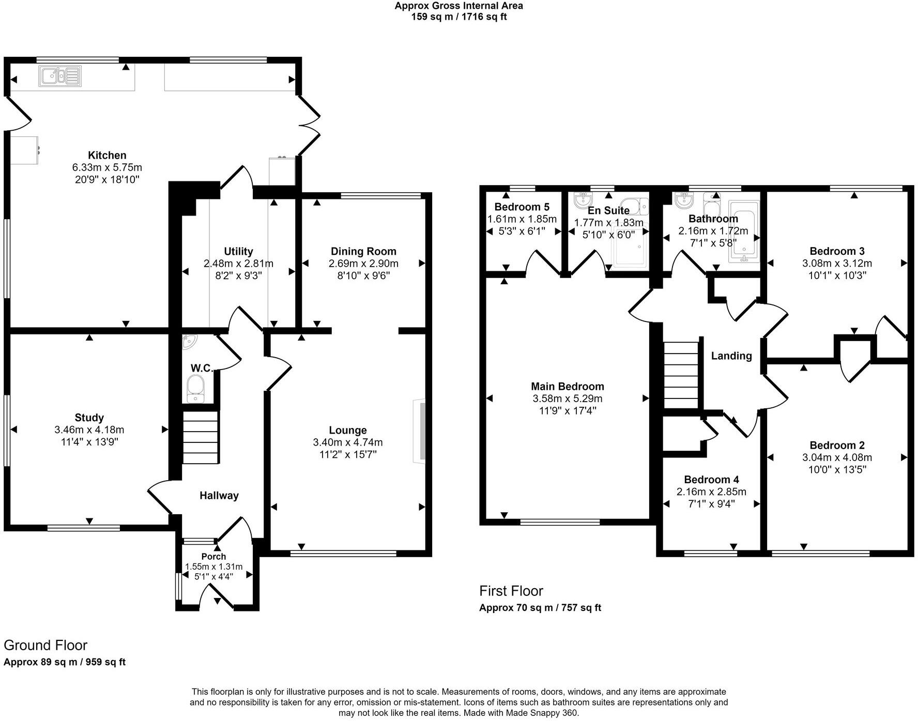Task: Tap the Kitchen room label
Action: (107, 155)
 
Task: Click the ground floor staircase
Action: (201, 438)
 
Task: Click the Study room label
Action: (89, 418)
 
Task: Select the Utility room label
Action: (238, 251)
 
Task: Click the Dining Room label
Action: (363, 251)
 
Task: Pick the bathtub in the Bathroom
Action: (744, 231)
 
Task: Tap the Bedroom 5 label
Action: (522, 207)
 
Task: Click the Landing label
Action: (731, 356)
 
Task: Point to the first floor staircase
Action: (681, 375)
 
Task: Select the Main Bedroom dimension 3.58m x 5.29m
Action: (567, 398)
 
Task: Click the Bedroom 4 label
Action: (711, 480)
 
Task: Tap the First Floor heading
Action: (511, 591)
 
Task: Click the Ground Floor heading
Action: (45, 645)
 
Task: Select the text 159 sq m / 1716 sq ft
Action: (458, 17)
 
